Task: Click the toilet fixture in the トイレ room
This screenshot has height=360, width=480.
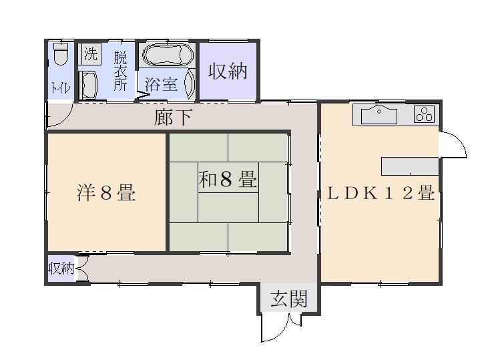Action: [x=60, y=54]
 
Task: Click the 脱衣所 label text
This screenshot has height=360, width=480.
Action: [x=119, y=71]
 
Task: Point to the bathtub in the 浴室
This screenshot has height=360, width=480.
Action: [x=167, y=55]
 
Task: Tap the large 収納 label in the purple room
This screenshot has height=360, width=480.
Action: [x=228, y=71]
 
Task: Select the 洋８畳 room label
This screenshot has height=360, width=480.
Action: [x=106, y=193]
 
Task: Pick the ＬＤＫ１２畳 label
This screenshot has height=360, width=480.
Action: [x=381, y=194]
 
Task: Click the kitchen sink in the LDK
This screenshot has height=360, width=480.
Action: [x=379, y=115]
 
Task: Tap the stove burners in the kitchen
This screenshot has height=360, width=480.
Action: [x=424, y=115]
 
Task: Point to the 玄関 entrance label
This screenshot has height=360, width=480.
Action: [x=289, y=299]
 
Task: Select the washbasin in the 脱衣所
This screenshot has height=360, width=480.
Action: [x=89, y=85]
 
